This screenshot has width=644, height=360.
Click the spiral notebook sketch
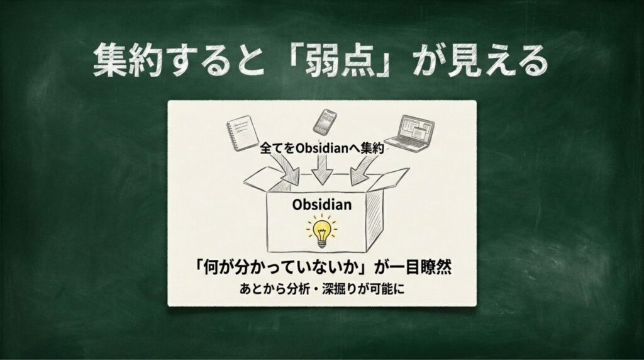243,133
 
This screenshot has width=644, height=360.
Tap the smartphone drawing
325,122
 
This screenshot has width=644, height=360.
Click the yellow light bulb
321,232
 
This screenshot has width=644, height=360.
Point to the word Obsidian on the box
322,205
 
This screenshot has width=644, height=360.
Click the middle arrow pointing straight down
321,169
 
